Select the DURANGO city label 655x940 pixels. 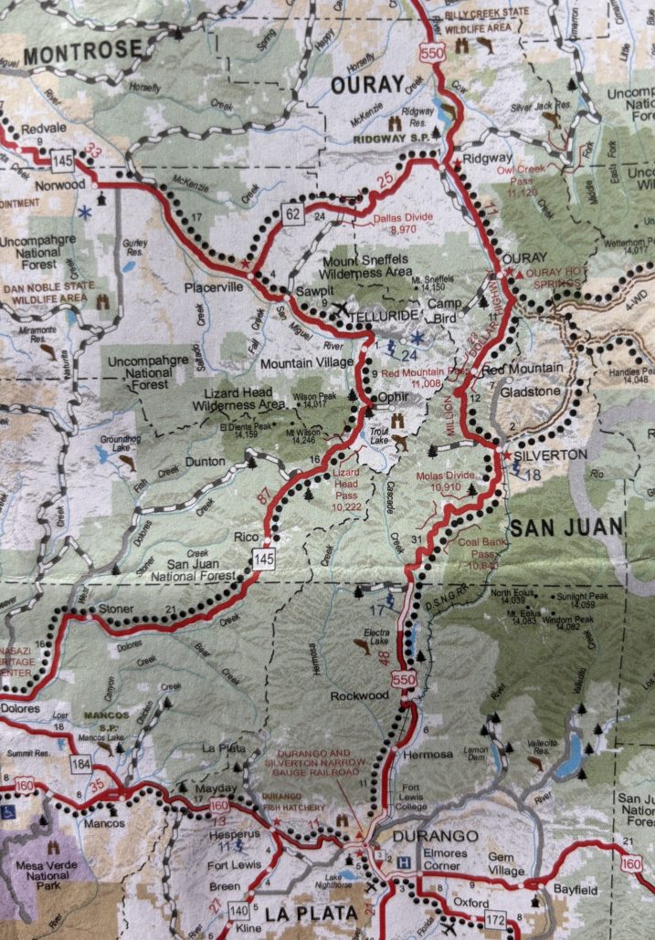(422, 835)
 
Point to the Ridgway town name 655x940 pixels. (488, 158)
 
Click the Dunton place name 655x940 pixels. (205, 462)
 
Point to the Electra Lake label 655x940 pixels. (377, 637)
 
